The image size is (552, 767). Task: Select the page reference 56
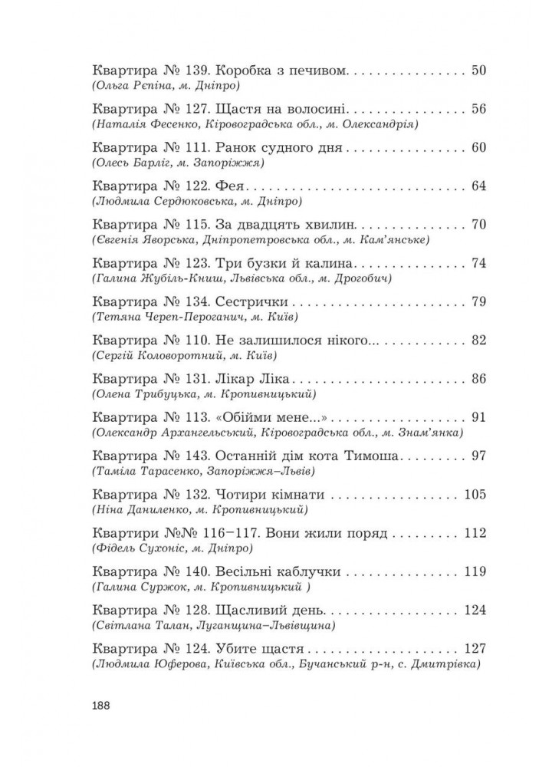479,109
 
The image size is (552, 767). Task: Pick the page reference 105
475,493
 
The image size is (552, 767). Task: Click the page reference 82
479,340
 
